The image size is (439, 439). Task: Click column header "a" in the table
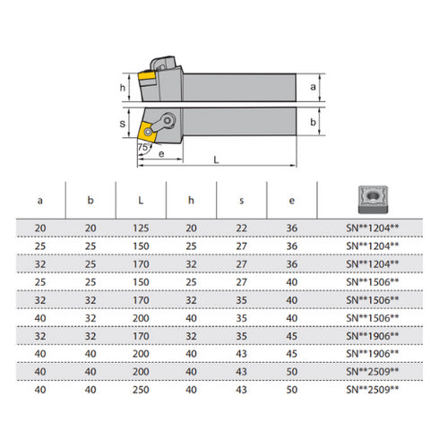coord(38,200)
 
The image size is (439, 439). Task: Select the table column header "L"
coord(140,200)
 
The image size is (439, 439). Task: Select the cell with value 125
coord(140,229)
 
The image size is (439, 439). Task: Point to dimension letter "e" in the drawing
coord(159,154)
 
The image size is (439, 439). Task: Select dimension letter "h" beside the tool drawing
coord(124,87)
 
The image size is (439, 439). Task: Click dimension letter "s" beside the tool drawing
coord(124,125)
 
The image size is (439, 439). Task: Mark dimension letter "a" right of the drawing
coord(311,87)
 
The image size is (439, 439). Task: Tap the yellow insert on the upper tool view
coord(146,86)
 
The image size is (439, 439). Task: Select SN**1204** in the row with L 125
coord(374,229)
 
